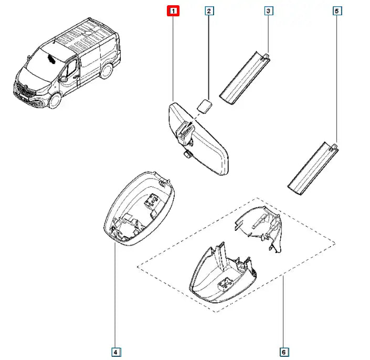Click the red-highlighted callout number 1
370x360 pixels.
(173, 10)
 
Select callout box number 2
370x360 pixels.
(209, 10)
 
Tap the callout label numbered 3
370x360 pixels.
(268, 10)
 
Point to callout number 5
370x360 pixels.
(336, 10)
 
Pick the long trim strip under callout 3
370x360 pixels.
(245, 78)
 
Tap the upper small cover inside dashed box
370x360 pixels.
(258, 227)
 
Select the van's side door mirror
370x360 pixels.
(63, 79)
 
